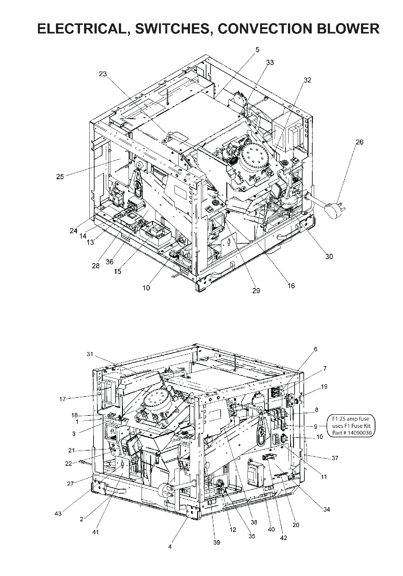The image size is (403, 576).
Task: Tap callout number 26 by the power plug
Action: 359,142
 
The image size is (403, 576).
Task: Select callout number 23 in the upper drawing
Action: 103,74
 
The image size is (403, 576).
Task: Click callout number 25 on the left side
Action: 60,177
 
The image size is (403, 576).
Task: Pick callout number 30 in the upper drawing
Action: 329,257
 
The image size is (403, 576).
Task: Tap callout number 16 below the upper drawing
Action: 291,286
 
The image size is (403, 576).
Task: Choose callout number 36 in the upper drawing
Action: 109,262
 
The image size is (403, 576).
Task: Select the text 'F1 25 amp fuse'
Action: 351,419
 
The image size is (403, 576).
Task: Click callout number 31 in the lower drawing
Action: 90,354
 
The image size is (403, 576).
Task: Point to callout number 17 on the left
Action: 62,399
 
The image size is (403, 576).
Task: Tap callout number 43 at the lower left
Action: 58,514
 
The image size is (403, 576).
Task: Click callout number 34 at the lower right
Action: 327,509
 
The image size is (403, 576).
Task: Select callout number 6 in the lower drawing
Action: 315,349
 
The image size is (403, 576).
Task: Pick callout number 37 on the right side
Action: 335,458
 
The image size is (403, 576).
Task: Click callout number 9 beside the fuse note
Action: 315,426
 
